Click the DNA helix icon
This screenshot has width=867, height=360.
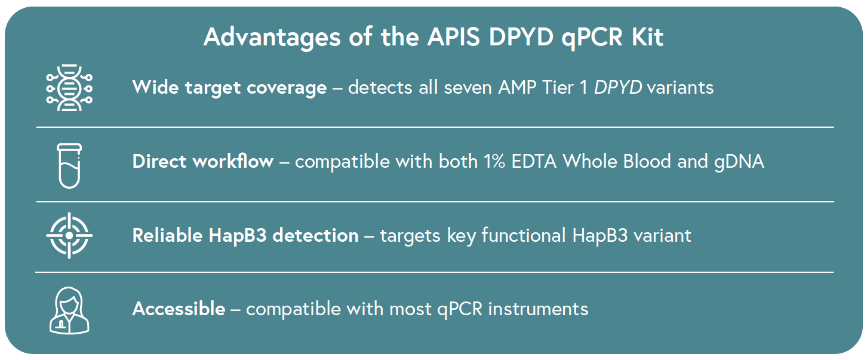tap(69, 87)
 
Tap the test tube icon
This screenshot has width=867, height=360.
tap(69, 165)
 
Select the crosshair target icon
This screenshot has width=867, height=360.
tap(69, 235)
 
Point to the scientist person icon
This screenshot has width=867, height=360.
tap(69, 309)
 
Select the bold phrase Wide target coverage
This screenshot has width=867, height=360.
tap(229, 88)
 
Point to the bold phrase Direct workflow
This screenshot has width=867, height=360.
tap(203, 162)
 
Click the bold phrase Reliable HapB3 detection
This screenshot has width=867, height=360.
tap(245, 235)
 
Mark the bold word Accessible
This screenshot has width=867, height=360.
tap(179, 309)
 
